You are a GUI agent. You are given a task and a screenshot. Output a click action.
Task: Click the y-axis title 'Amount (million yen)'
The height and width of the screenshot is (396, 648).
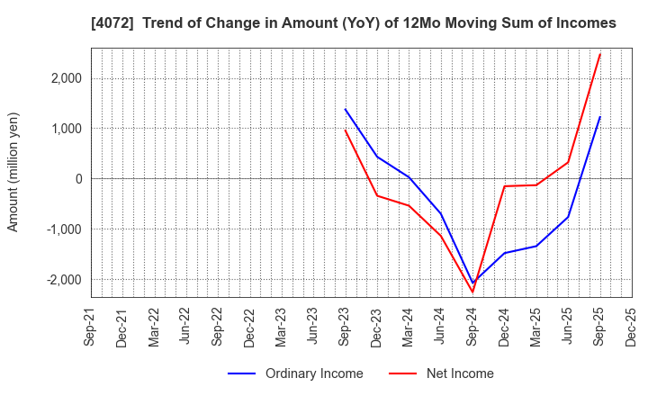[13, 172]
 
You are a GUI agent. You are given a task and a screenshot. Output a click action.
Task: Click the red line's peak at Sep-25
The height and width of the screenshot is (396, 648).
[600, 53]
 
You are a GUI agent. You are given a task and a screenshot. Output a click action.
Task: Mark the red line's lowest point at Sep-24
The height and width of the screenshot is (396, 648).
[472, 292]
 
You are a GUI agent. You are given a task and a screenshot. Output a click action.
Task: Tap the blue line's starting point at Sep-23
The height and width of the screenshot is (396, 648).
[346, 110]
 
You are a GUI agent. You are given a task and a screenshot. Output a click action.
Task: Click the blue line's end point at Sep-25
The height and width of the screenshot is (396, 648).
[600, 117]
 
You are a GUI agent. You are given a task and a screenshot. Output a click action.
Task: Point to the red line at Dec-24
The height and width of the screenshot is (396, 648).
[505, 186]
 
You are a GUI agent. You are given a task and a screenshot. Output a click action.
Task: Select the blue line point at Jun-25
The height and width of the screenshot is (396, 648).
[568, 217]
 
